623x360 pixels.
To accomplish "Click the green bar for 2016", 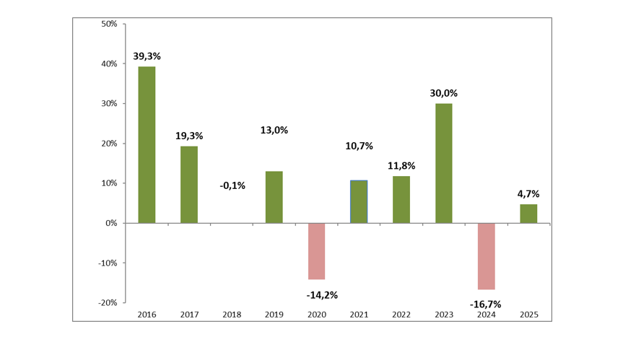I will click(147, 144).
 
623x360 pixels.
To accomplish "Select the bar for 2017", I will click(189, 185).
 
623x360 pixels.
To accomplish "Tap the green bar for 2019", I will click(274, 197).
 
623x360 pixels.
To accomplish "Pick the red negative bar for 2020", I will click(316, 251).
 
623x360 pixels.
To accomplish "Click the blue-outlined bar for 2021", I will click(359, 201).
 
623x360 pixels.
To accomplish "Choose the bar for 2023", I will click(443, 163).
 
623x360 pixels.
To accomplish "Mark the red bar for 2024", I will click(486, 256).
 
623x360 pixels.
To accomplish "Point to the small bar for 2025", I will click(528, 214).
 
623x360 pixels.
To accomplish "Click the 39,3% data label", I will click(147, 56).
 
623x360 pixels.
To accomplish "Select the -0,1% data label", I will click(232, 186).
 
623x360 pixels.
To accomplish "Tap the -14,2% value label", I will click(322, 294).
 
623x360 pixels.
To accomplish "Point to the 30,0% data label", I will click(443, 93).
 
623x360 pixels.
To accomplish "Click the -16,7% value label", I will click(485, 304).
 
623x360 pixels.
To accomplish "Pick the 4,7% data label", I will click(528, 194).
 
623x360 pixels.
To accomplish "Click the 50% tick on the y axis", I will click(109, 24).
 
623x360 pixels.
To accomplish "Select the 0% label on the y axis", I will click(111, 223).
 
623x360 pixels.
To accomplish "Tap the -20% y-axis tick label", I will click(108, 302).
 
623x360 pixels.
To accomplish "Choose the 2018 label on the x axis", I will click(232, 315).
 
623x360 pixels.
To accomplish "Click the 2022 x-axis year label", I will click(401, 315).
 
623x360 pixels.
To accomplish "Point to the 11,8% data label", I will click(401, 166).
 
